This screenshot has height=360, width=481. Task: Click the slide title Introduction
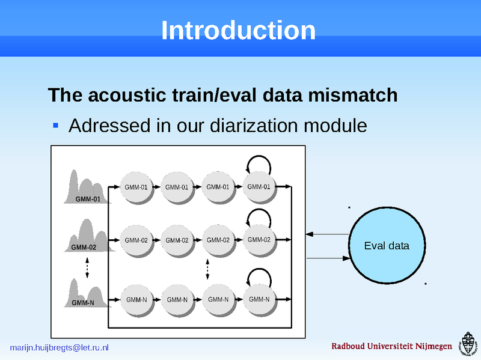click(x=238, y=31)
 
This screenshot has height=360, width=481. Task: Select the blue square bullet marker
click(x=55, y=126)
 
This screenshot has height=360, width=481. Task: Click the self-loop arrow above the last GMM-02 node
click(x=259, y=218)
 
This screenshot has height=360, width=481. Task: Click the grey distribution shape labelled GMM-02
click(x=87, y=237)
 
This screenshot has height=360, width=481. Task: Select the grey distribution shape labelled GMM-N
click(x=88, y=294)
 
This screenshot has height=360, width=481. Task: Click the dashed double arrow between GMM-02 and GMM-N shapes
click(x=88, y=267)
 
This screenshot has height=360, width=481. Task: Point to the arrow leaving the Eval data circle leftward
click(x=327, y=234)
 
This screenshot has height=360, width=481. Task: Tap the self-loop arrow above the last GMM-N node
click(x=259, y=277)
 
